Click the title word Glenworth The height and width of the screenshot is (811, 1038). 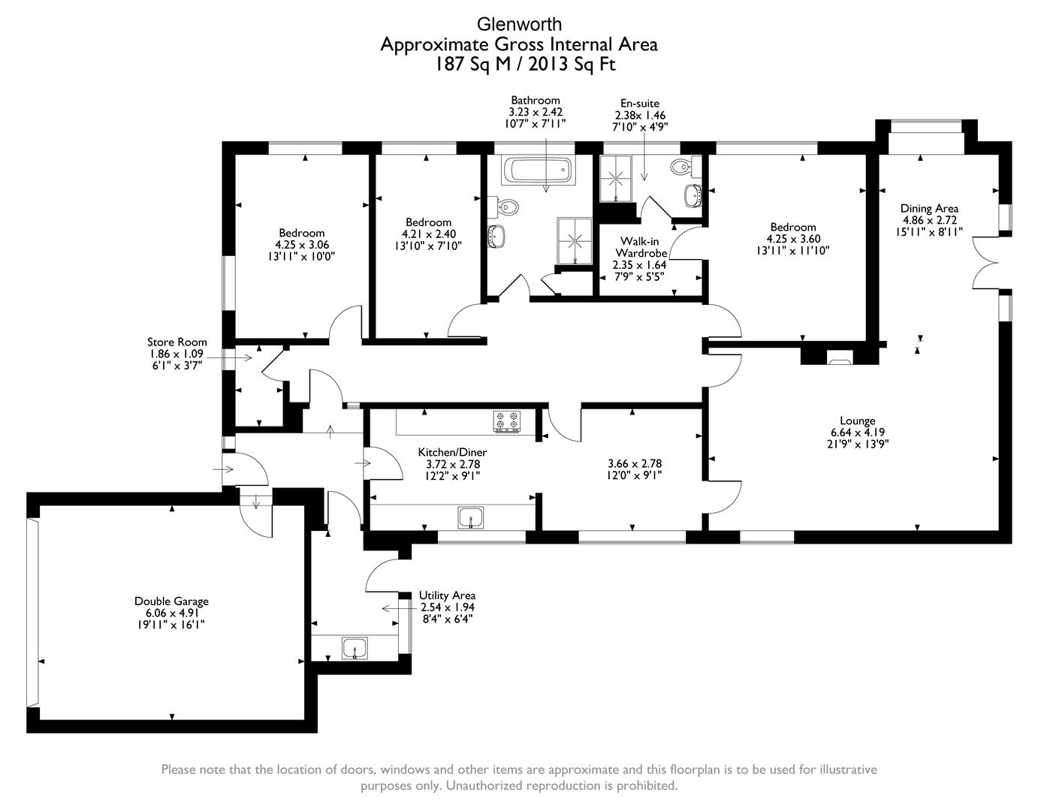[518, 25]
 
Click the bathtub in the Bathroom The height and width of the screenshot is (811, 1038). [539, 170]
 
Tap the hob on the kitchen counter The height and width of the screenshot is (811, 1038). [507, 421]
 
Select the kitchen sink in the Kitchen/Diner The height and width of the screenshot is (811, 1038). [471, 517]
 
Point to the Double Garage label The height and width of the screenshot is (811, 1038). [171, 601]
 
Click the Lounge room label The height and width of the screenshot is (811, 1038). [857, 421]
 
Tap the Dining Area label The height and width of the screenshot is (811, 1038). [929, 208]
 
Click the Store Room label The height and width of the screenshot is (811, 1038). [177, 342]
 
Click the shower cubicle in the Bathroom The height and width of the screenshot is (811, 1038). [575, 241]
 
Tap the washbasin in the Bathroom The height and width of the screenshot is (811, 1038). [497, 235]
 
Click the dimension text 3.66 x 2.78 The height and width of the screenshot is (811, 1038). [634, 463]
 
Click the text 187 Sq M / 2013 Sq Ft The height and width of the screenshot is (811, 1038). [518, 65]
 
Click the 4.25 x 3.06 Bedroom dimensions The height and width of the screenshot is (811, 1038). [302, 244]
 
